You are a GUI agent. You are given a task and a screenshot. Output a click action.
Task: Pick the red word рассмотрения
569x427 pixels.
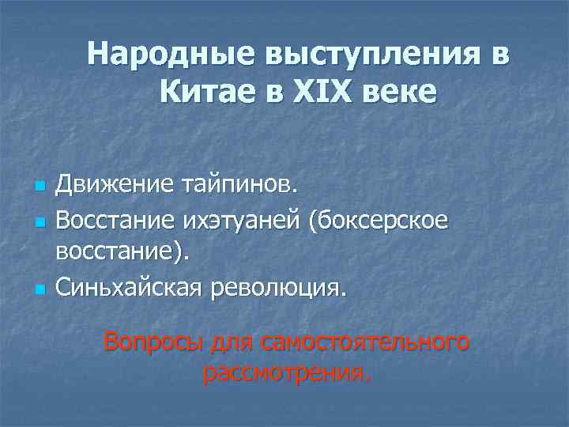pyautogui.click(x=285, y=372)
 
